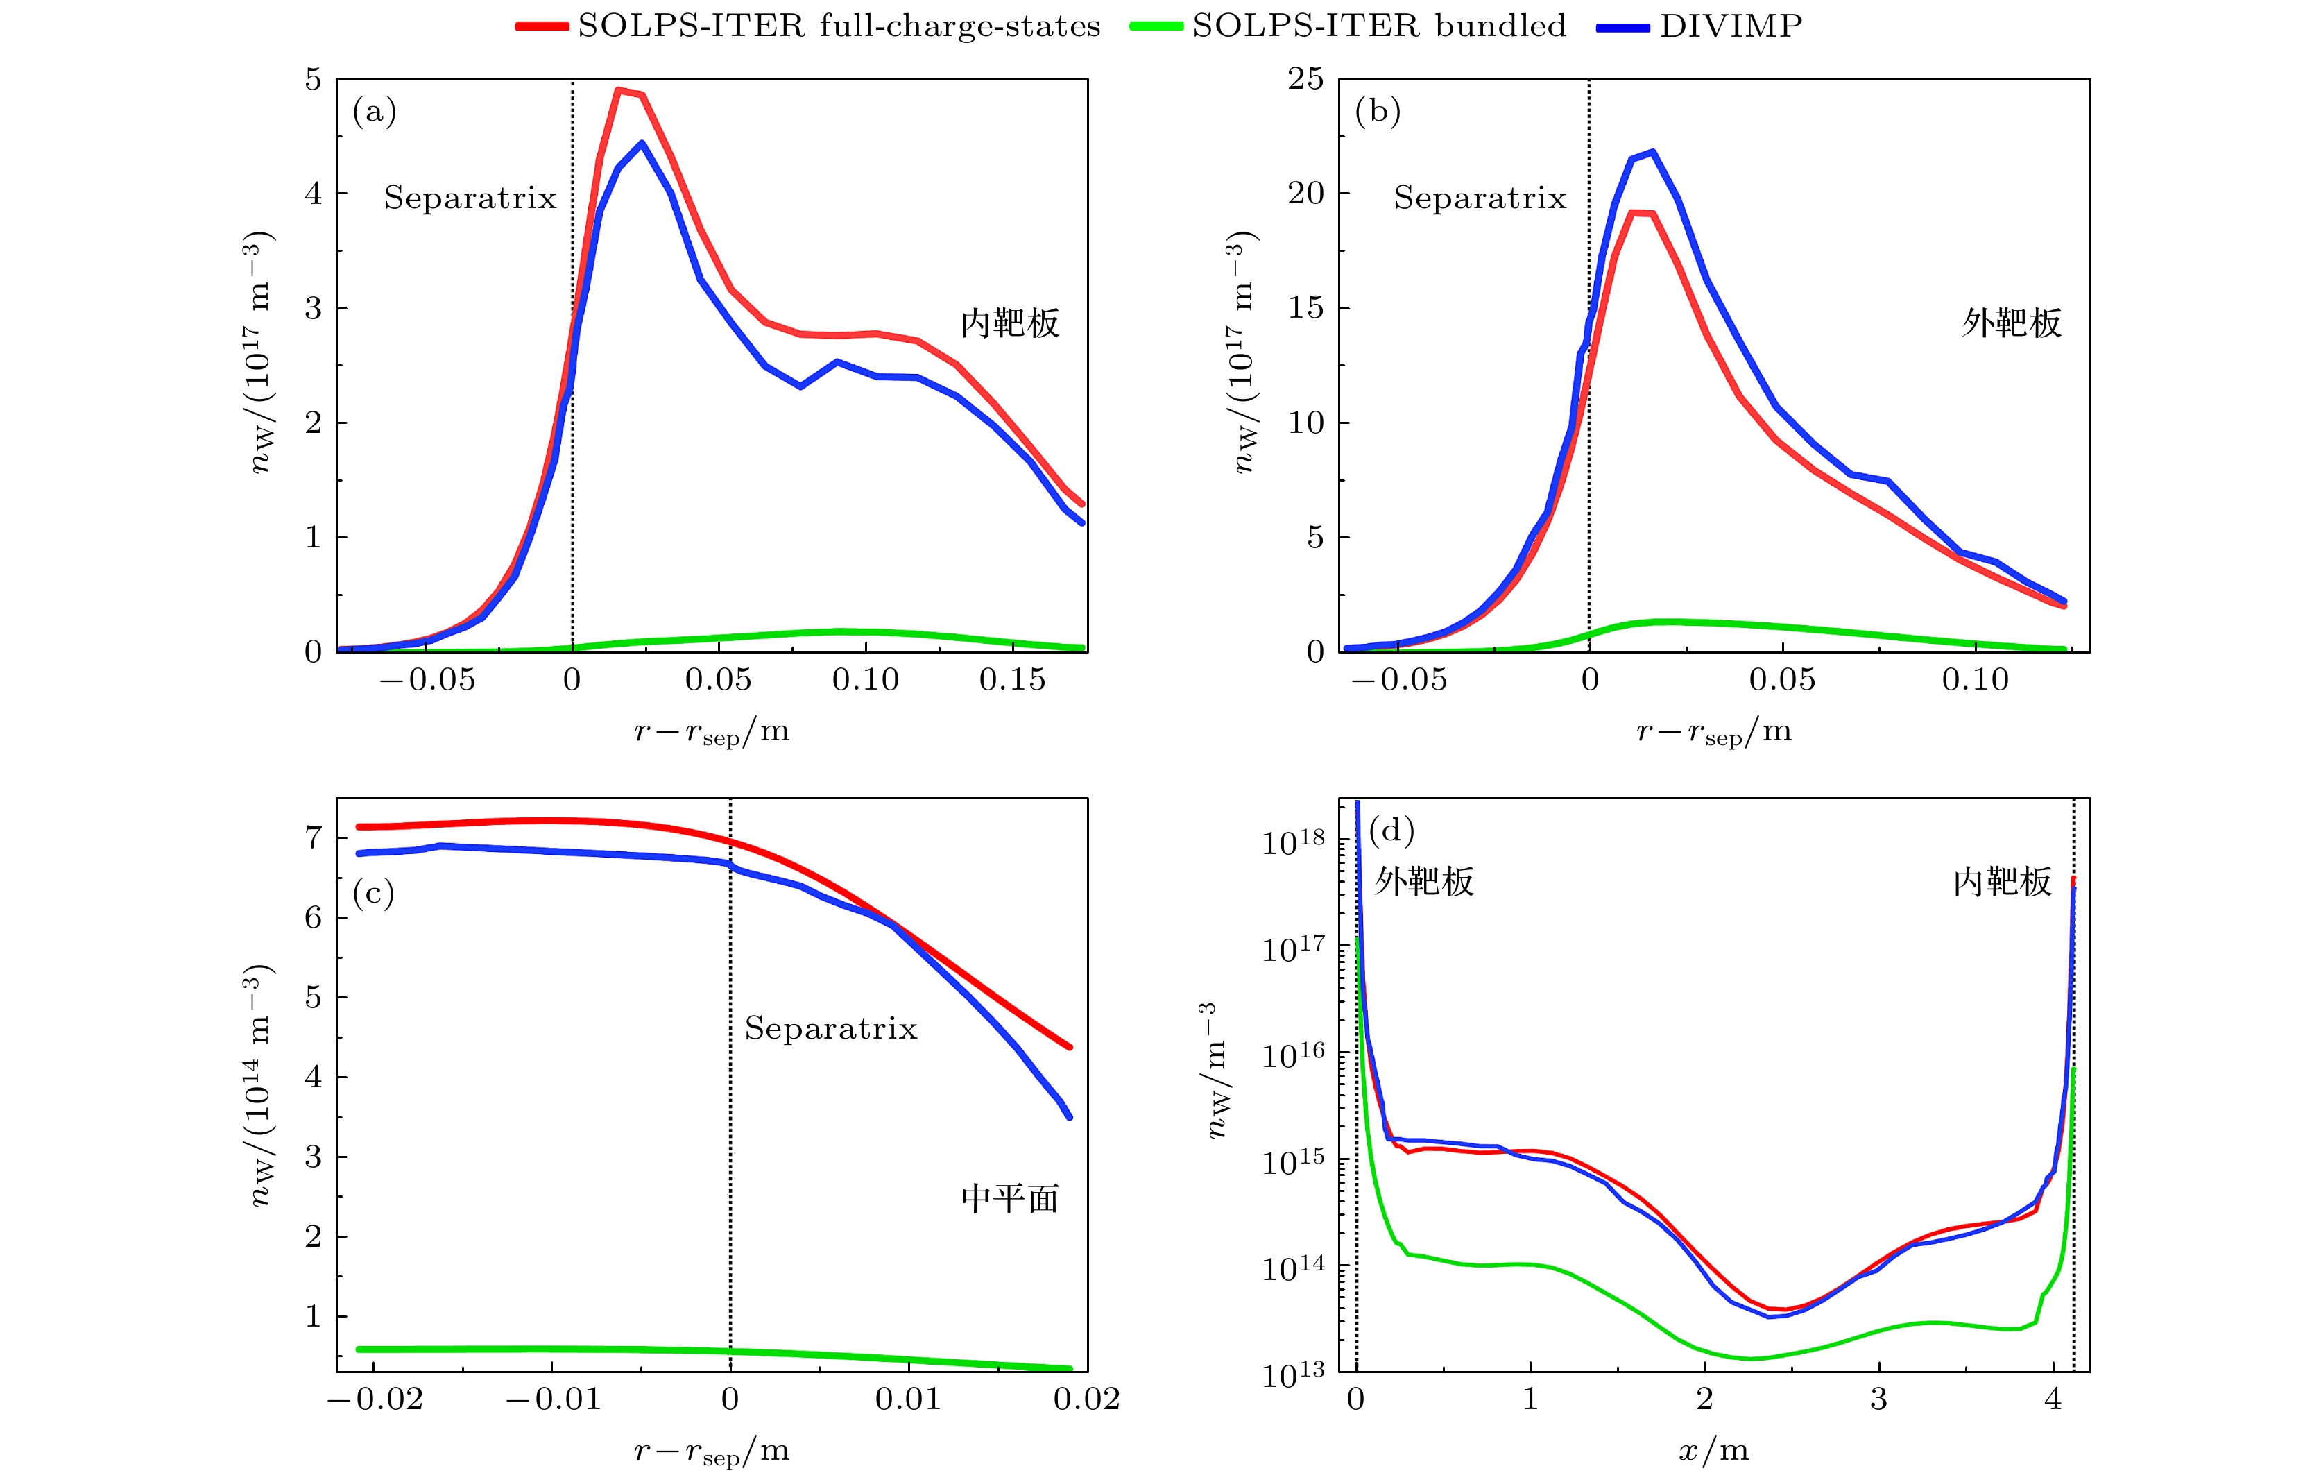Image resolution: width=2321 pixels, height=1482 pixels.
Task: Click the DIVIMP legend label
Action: (x=1730, y=26)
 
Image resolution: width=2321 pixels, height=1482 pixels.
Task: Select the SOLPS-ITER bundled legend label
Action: (x=1378, y=26)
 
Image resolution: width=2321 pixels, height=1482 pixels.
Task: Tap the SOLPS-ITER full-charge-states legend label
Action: (x=839, y=26)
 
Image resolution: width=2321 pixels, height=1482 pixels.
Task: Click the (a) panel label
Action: (x=374, y=112)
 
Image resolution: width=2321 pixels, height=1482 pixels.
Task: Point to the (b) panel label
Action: (x=1378, y=112)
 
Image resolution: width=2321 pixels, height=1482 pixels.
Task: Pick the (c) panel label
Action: (x=373, y=894)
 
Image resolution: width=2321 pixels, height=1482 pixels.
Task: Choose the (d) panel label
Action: (x=1391, y=831)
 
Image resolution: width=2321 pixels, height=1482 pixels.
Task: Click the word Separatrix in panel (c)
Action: (x=830, y=1029)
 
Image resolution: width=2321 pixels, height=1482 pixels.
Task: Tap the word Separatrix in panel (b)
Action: (x=1480, y=198)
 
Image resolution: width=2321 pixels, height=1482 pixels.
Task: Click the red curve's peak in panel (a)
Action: (x=619, y=91)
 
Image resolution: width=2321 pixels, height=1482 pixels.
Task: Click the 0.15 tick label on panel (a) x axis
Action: (x=1012, y=681)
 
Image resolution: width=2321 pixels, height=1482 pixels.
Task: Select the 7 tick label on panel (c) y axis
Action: (x=314, y=838)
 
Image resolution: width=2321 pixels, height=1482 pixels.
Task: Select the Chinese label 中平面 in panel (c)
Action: (x=1009, y=1198)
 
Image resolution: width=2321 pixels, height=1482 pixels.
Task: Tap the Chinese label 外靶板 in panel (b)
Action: (x=2012, y=323)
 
